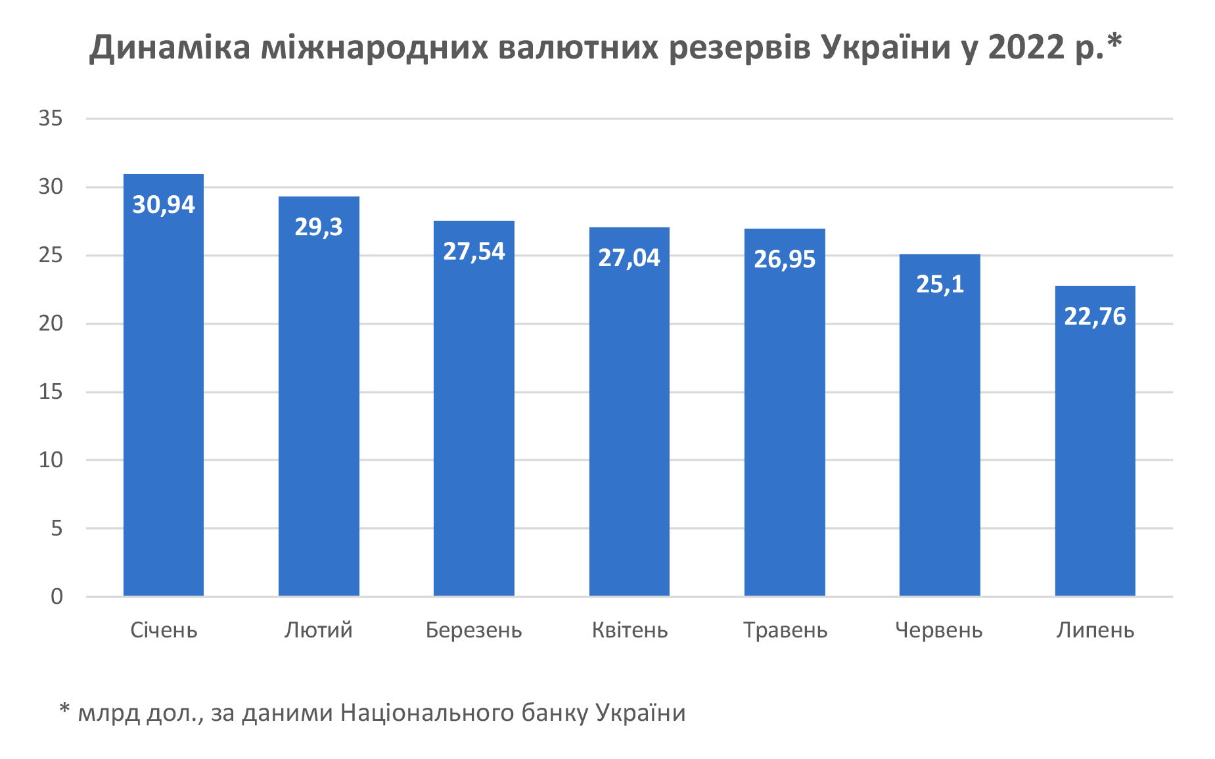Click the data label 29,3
[x=319, y=227]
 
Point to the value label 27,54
[x=474, y=252]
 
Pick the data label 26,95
[x=785, y=260]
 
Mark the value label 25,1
[x=940, y=284]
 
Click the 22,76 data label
[x=1095, y=317]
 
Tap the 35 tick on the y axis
[x=51, y=118]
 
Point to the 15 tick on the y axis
[x=51, y=392]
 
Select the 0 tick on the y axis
[x=57, y=597]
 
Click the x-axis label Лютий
[x=319, y=630]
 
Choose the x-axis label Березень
[x=474, y=630]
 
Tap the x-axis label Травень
[x=785, y=630]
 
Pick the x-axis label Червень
[x=938, y=630]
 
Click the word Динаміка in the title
[x=170, y=47]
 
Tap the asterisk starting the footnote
[x=64, y=709]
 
